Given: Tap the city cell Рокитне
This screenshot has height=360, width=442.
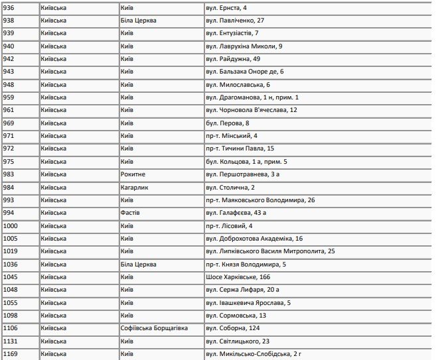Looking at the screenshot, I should (x=133, y=174).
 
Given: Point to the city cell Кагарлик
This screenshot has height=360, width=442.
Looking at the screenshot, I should (x=135, y=188).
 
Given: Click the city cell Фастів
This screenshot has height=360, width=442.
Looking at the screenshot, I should (x=131, y=213).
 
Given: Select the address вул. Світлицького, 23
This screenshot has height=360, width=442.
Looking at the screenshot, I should (x=238, y=341).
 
